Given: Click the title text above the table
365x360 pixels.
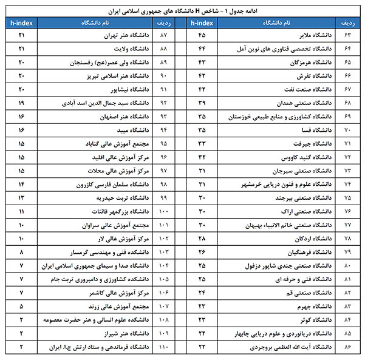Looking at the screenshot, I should click(182, 10).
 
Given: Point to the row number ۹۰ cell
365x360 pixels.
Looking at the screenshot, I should click(163, 76).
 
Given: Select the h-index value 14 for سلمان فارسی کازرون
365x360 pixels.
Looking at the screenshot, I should click(22, 184).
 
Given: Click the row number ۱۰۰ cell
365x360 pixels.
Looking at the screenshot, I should click(163, 211).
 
